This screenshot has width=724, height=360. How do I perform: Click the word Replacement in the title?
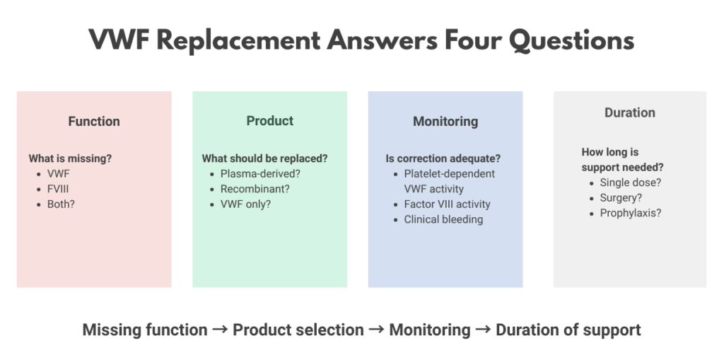click(x=238, y=40)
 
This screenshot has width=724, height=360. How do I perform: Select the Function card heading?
click(x=94, y=122)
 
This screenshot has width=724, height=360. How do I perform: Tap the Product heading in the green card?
click(x=269, y=121)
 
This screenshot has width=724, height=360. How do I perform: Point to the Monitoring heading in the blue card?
click(x=445, y=122)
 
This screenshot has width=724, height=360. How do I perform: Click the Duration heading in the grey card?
click(x=630, y=112)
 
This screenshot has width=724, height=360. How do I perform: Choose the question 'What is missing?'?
click(x=70, y=158)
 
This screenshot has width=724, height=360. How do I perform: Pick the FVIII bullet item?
click(x=58, y=189)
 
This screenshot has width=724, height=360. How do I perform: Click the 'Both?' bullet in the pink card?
click(x=61, y=204)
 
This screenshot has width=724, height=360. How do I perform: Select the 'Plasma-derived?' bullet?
click(x=257, y=174)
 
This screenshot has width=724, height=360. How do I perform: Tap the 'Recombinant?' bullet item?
click(x=254, y=189)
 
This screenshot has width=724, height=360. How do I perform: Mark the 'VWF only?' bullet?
click(x=245, y=204)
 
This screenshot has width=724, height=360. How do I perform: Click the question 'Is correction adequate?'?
click(x=443, y=158)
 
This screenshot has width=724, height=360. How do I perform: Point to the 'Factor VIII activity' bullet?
click(x=447, y=204)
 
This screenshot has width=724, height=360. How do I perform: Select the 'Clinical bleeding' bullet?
click(x=443, y=219)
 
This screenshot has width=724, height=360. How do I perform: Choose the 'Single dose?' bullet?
click(x=631, y=182)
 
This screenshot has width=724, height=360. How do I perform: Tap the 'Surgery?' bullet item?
click(x=621, y=198)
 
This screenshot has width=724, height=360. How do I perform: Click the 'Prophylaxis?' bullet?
click(x=631, y=213)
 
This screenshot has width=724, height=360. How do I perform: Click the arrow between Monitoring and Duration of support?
click(x=483, y=330)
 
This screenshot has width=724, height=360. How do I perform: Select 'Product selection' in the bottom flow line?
click(x=298, y=330)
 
